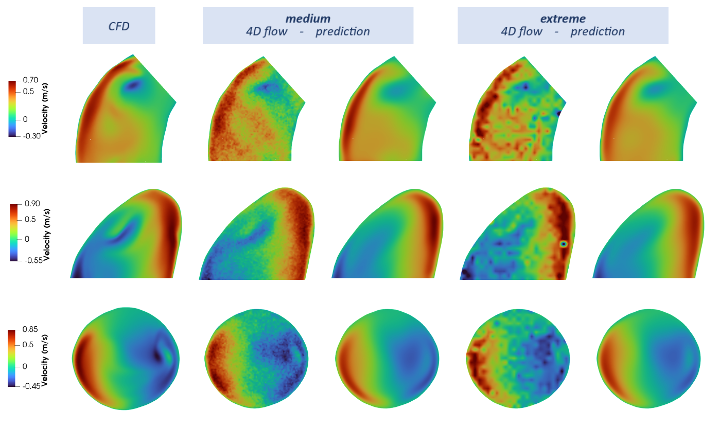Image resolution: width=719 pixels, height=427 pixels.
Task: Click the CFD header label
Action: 118,26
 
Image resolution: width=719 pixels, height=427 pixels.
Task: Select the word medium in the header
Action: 308,19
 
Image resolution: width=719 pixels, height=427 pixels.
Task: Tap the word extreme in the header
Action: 563,19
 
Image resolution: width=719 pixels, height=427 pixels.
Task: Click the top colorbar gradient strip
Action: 14,108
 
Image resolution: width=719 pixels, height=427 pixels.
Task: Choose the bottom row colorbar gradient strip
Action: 14,358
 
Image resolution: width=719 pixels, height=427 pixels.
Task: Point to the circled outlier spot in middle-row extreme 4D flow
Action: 564,243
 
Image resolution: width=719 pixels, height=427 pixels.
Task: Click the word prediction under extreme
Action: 598,32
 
